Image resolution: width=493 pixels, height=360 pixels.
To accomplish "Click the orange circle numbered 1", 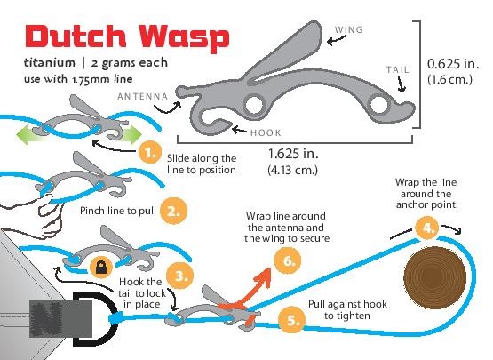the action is coord(150,153).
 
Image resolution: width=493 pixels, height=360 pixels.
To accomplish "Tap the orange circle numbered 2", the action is coord(173,211).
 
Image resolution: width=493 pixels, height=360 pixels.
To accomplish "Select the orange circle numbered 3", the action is coord(179,276).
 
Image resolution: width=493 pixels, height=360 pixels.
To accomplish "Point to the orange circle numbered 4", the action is coord(427,228).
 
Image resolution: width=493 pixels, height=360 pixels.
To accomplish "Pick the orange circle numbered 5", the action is coord(291,320).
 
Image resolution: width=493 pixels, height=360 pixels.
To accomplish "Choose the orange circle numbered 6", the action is coord(288,260).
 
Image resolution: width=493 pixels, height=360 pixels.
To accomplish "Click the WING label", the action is coord(349,30).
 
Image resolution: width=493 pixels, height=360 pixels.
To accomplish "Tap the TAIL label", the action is coord(398,69).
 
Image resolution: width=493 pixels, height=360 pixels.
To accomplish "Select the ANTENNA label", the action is coord(143,96).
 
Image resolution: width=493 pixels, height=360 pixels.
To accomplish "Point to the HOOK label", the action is coord(266,132).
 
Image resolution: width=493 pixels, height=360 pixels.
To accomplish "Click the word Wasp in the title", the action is coord(185,37).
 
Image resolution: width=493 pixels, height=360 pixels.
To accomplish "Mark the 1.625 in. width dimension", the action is coord(293,154).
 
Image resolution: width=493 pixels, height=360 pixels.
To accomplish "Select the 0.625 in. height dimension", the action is coord(453,64).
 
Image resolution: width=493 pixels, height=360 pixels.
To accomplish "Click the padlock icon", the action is coord(101,268).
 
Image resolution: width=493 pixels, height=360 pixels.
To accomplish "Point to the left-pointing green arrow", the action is coord(29,135).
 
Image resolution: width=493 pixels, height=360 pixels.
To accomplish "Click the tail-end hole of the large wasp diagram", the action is coord(379,104).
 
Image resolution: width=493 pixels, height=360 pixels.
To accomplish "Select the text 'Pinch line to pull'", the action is coord(118,211).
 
